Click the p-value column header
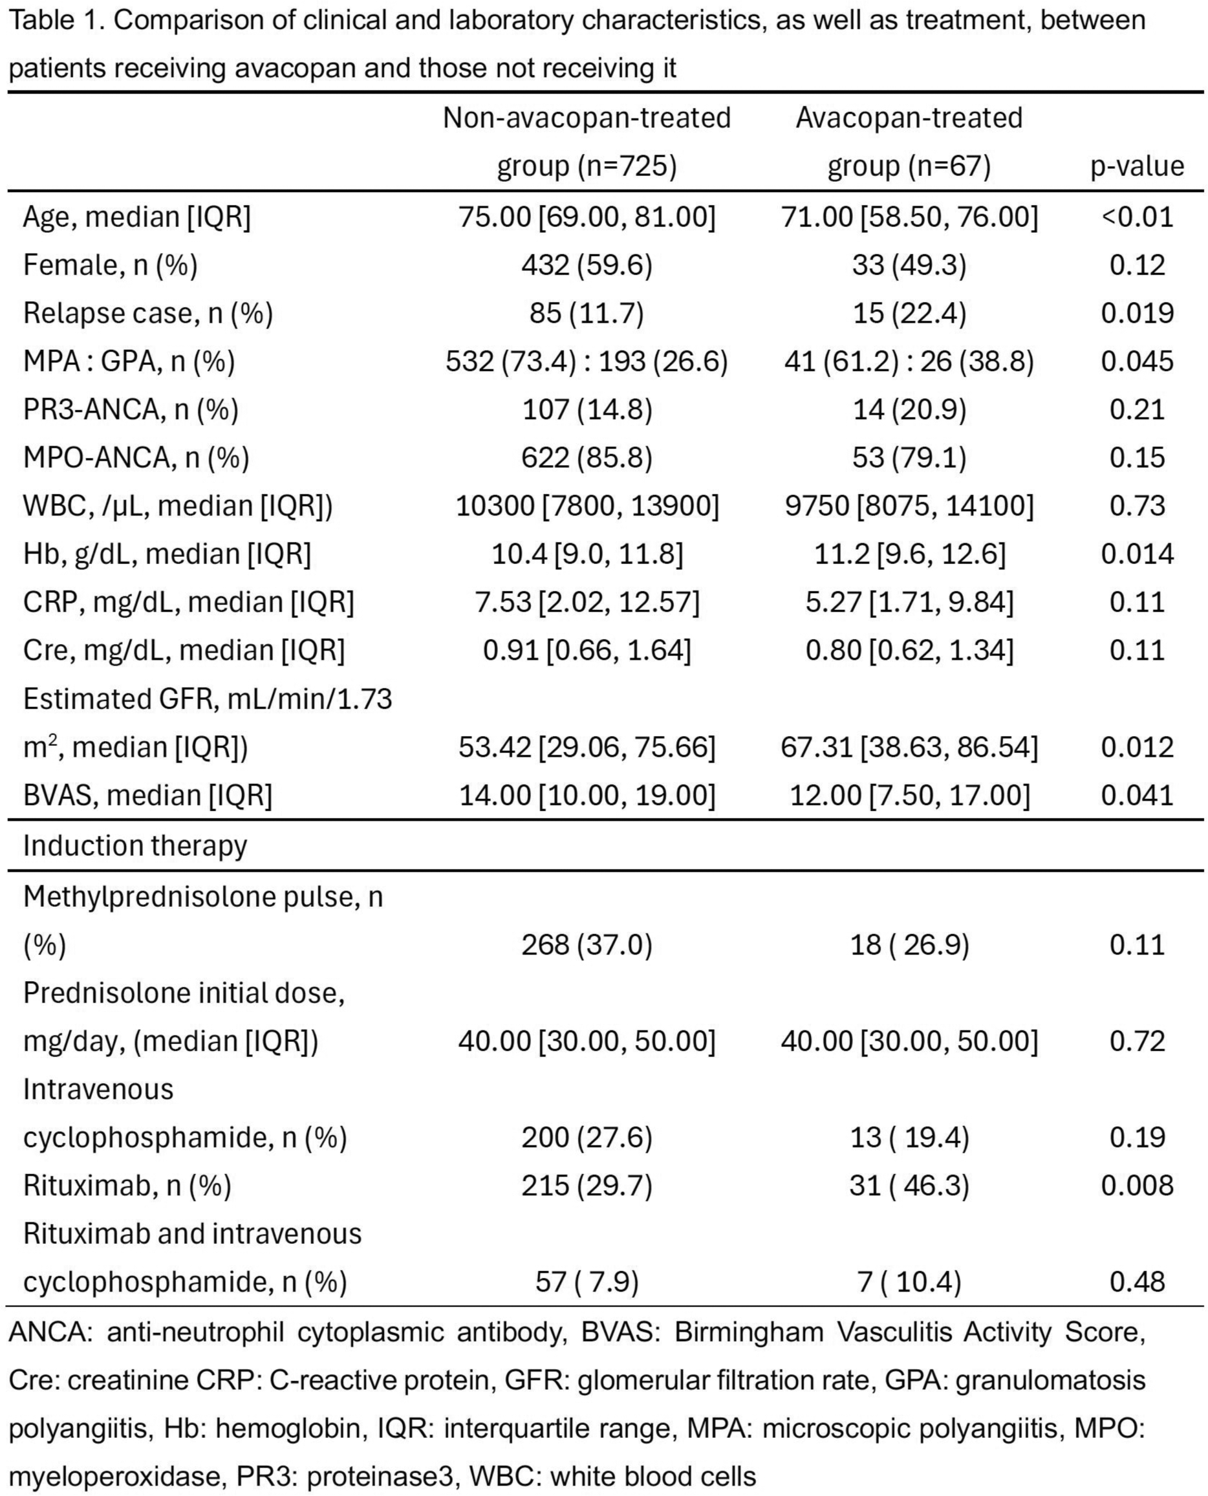tap(1136, 166)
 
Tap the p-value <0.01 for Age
tap(1137, 217)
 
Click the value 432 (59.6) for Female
tap(587, 265)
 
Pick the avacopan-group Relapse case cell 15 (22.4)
tap(909, 313)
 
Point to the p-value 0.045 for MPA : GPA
tap(1137, 361)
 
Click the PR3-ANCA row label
tap(131, 409)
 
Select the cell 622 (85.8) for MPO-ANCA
tap(587, 457)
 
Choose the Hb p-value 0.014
tap(1137, 554)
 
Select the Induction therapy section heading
tap(135, 845)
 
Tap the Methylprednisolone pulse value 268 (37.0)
tap(587, 945)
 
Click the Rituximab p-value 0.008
tap(1137, 1185)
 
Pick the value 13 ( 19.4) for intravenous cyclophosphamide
tap(909, 1137)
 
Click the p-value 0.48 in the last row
tap(1137, 1281)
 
